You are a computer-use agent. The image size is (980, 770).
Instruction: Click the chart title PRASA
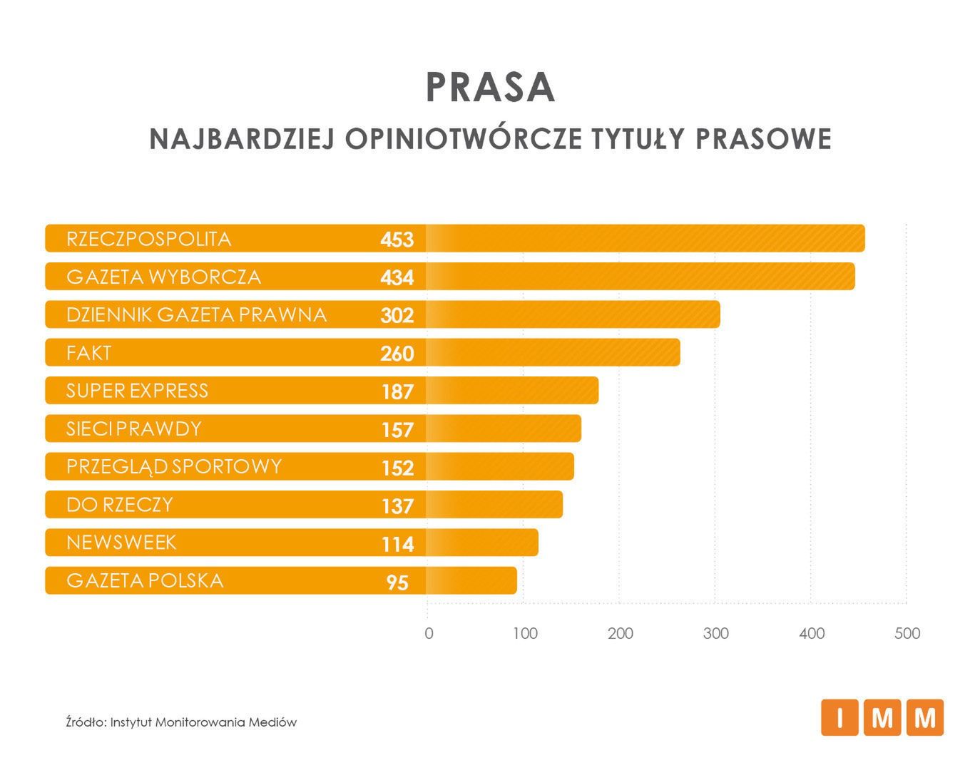(490, 88)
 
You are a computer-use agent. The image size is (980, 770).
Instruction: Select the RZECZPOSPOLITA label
(148, 239)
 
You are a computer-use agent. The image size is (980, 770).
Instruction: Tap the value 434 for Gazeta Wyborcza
(397, 277)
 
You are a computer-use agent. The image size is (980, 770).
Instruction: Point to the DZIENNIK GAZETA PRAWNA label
(196, 314)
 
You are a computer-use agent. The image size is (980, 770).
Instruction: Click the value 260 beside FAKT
(397, 354)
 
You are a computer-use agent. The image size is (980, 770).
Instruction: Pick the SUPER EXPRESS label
(137, 391)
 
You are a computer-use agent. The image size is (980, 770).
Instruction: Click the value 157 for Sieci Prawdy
(397, 430)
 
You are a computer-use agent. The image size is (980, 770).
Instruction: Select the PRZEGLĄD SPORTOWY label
(174, 467)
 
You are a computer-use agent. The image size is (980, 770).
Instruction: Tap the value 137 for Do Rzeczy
(397, 506)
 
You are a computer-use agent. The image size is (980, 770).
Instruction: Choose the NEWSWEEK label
(121, 543)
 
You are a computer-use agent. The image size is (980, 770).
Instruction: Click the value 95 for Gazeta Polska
(397, 582)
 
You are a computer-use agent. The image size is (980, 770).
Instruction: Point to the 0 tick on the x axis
(429, 633)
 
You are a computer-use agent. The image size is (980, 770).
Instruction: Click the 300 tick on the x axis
(715, 633)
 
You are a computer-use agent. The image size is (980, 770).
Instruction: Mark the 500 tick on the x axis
(907, 633)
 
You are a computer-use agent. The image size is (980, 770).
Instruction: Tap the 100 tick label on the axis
(525, 633)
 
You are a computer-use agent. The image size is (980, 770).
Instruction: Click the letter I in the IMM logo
(839, 717)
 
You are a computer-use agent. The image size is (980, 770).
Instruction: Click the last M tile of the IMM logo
(925, 717)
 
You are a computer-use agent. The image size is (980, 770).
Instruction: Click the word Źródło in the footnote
(86, 722)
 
